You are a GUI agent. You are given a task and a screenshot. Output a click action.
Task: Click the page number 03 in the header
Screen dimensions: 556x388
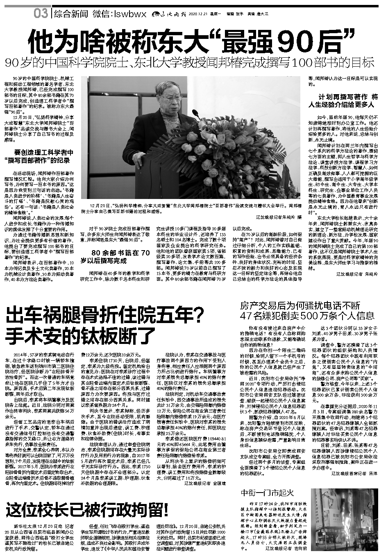(41, 14)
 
